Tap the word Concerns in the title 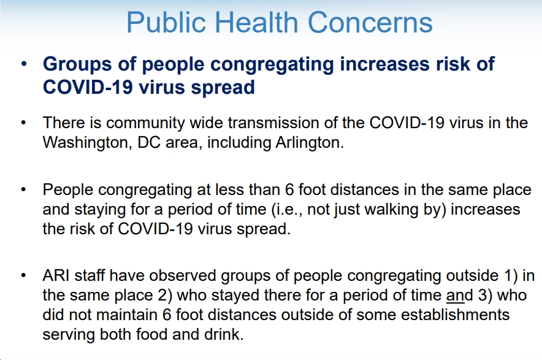tap(370, 22)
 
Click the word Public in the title tap(166, 23)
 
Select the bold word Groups tap(77, 64)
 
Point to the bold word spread tap(223, 87)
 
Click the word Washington tap(88, 143)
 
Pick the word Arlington tap(310, 143)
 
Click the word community tap(146, 123)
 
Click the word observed tap(183, 275)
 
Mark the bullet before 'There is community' tap(23, 123)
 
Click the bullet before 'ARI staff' tap(23, 275)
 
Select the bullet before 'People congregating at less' tap(23, 190)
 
